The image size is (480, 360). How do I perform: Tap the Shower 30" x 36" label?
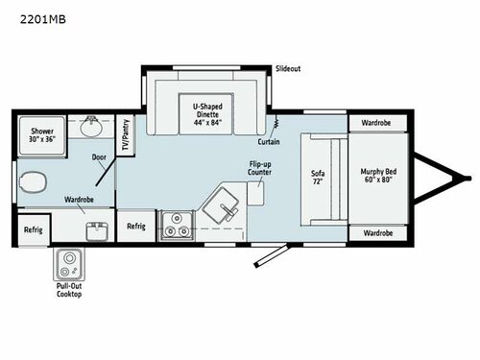coord(41,134)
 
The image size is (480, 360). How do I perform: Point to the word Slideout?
coord(289,70)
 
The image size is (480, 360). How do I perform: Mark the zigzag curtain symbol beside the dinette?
coord(276,124)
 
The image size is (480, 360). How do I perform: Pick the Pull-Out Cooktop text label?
coord(68,289)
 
